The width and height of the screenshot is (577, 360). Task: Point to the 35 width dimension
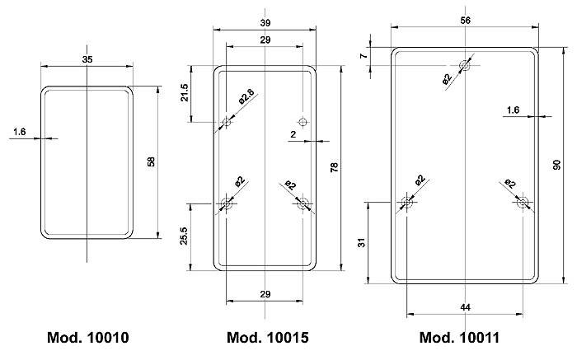(87, 58)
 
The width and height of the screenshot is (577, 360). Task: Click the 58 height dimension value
(150, 162)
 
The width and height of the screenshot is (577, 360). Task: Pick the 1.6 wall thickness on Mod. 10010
(21, 130)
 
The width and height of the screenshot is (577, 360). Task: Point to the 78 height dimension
(334, 168)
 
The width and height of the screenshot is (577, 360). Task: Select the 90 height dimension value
(556, 165)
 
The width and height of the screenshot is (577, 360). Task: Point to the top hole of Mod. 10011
(466, 64)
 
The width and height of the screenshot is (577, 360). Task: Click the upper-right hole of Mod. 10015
(303, 122)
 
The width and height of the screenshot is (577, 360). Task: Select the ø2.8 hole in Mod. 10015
(228, 123)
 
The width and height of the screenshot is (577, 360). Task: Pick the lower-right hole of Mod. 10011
(523, 202)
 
